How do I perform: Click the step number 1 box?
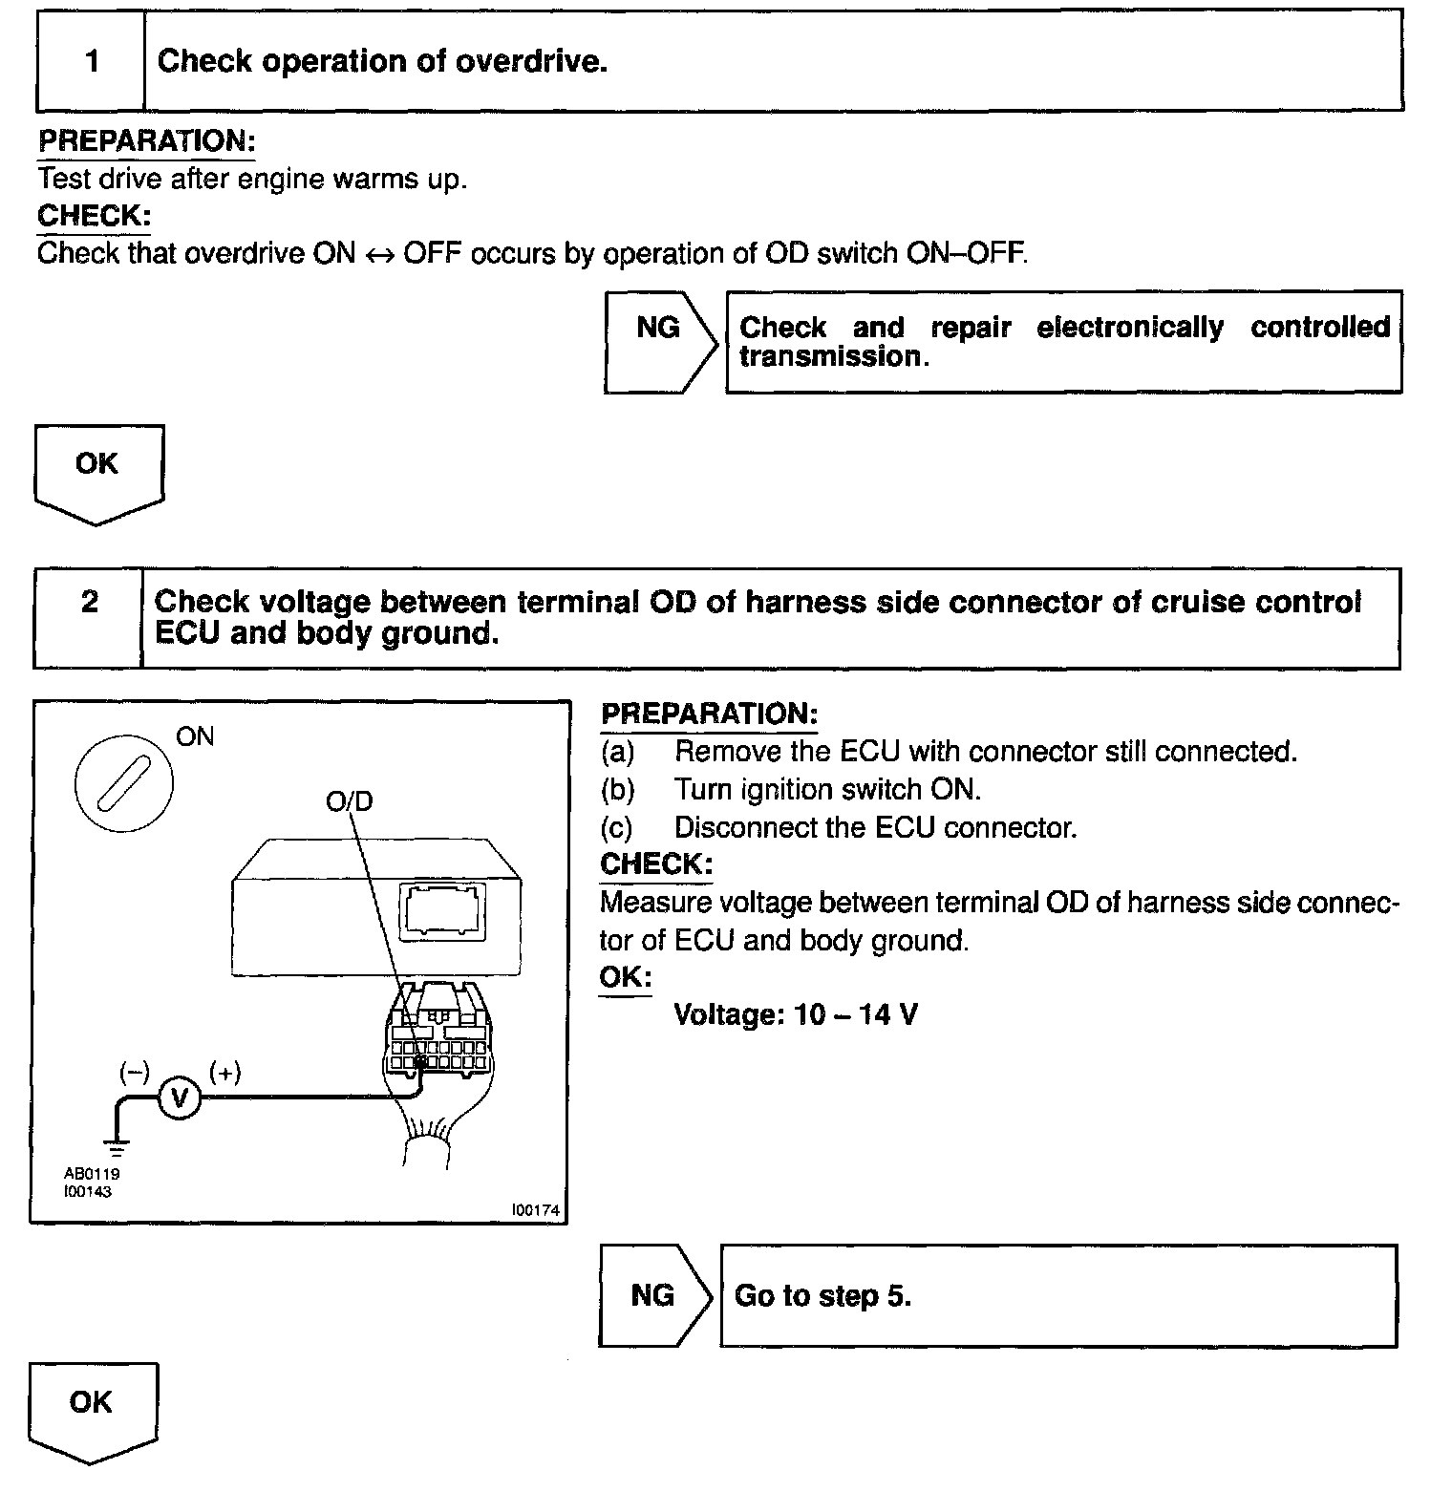92,62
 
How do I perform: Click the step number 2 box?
89,603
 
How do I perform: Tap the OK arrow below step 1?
97,471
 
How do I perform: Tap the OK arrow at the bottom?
92,1408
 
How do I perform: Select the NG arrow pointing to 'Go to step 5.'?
655,1295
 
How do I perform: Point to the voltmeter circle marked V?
179,1099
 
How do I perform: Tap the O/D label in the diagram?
349,800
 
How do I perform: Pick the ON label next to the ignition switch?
195,736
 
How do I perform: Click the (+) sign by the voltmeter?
225,1073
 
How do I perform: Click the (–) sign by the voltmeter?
134,1073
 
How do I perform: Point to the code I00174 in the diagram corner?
535,1209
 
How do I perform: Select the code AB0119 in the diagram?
92,1174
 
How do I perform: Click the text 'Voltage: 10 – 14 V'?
796,1013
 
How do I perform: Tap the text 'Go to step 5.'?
822,1295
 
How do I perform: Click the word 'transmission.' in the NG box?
834,356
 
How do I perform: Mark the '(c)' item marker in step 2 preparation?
617,827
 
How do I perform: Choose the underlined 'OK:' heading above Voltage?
625,978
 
